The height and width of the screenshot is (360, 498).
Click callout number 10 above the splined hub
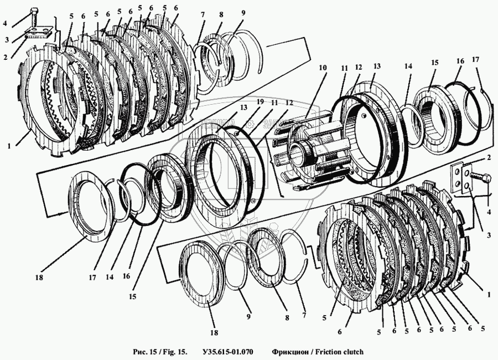click(323, 67)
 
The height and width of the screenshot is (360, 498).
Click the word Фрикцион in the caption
click(290, 352)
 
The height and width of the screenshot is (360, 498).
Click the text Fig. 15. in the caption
click(174, 352)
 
